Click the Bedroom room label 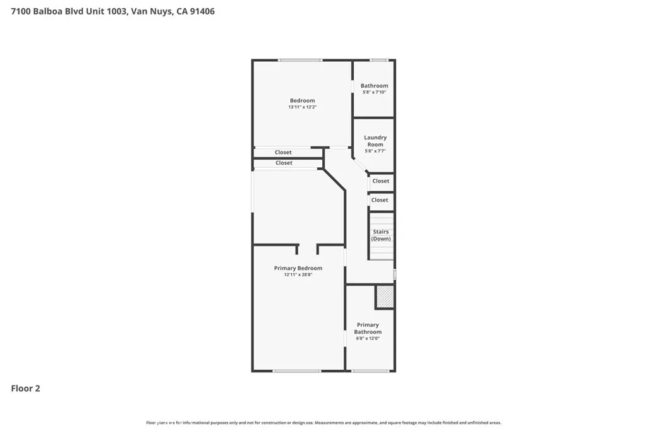[302, 100]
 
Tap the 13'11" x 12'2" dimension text [302, 107]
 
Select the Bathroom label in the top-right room [374, 86]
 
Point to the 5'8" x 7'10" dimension [374, 92]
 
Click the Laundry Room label [375, 141]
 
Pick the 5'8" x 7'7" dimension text [375, 151]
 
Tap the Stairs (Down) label [381, 235]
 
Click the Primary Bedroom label [298, 268]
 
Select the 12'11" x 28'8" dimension [298, 275]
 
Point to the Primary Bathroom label [368, 328]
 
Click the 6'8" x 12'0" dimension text [368, 338]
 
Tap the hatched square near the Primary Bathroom [385, 297]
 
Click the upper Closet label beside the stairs [381, 181]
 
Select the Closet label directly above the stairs [380, 200]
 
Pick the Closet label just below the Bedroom [283, 152]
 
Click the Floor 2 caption [26, 389]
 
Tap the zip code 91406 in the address [202, 11]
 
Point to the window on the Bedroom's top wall [301, 60]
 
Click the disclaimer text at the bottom [323, 423]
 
